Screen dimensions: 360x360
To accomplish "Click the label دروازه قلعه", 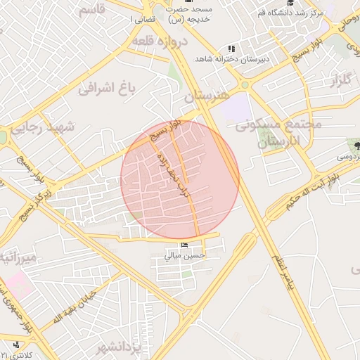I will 161,41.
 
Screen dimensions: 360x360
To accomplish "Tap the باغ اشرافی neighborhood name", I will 106,89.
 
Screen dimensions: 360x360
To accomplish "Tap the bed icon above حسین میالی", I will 184,245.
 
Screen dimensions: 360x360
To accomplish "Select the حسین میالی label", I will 184,256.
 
